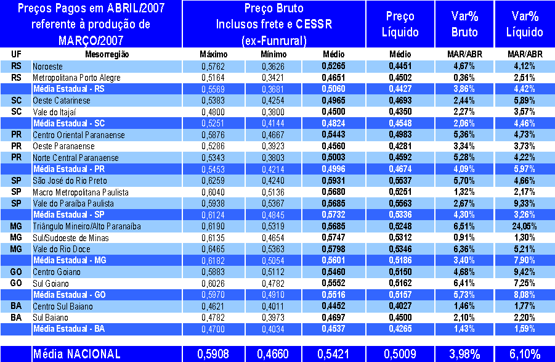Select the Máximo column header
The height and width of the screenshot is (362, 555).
(x=214, y=54)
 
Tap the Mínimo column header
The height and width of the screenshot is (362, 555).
(x=273, y=54)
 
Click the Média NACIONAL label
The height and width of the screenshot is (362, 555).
(x=76, y=354)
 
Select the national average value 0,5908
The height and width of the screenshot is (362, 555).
(x=214, y=354)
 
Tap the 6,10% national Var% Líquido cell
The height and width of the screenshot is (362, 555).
(x=525, y=354)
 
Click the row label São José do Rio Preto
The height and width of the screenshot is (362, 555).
(x=70, y=181)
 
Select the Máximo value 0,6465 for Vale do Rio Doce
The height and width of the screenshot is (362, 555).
(x=214, y=249)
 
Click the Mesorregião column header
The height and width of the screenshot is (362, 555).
(x=107, y=54)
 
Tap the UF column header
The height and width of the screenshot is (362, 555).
(x=16, y=54)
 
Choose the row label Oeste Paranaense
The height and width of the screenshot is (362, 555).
(x=62, y=146)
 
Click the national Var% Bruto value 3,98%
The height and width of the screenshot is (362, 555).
(x=465, y=354)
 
